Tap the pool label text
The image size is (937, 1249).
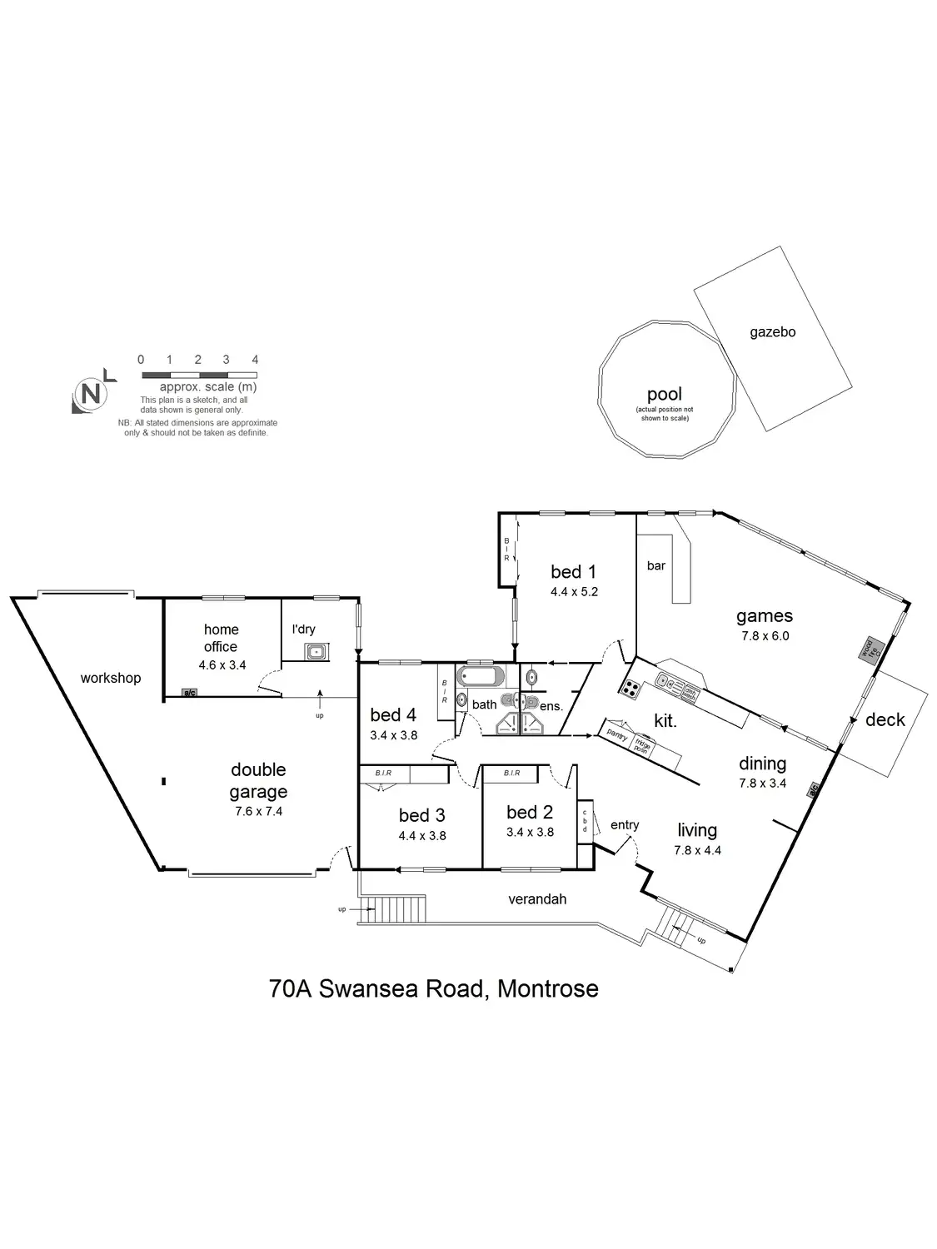pos(664,394)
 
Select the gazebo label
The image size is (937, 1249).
pos(772,332)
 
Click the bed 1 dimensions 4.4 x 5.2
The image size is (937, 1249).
pos(574,592)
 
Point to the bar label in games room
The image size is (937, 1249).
pos(656,566)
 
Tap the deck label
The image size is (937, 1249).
pos(885,719)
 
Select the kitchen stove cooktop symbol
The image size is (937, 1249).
pos(630,689)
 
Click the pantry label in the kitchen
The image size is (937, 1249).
pos(617,734)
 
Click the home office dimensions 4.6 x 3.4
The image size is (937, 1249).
pos(222,665)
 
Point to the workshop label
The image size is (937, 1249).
pos(111,678)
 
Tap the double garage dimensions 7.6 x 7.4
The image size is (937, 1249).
pos(258,811)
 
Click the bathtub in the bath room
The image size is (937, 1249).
pos(480,675)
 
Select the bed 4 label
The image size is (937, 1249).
pos(393,714)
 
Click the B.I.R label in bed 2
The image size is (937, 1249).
pos(511,774)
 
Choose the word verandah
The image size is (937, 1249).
pos(537,899)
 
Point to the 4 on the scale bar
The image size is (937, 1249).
pos(255,360)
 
